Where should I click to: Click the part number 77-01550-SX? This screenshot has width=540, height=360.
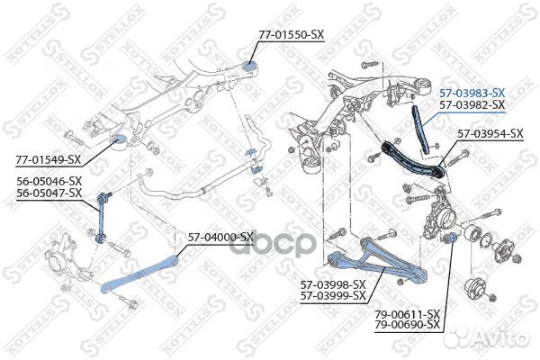(292, 34)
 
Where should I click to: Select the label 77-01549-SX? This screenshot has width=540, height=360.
(48, 159)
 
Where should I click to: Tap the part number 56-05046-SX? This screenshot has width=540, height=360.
(49, 181)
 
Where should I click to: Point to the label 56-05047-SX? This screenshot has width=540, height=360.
(49, 193)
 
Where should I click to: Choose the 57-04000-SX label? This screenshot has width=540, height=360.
(220, 237)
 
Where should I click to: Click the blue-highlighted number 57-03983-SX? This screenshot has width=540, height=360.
(472, 93)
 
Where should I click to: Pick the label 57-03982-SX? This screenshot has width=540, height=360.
(472, 104)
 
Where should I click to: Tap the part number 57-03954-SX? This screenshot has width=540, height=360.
(490, 134)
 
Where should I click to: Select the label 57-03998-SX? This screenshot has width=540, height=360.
(333, 284)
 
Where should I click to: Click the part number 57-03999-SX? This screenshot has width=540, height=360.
(333, 296)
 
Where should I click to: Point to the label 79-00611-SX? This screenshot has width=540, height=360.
(408, 313)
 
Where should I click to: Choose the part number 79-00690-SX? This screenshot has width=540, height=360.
(408, 325)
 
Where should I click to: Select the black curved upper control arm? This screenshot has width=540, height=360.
(412, 160)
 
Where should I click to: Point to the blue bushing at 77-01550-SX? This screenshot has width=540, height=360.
(250, 66)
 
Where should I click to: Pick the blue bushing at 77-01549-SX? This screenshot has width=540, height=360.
(118, 141)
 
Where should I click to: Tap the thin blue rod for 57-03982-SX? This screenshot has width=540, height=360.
(421, 129)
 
